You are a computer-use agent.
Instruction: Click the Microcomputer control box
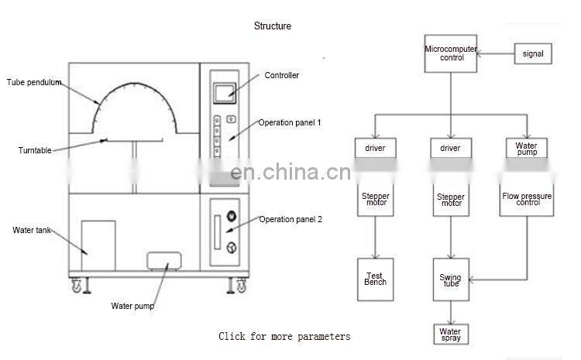coord(449,53)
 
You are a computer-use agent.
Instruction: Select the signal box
coord(532,54)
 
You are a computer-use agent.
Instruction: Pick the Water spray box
coord(451,334)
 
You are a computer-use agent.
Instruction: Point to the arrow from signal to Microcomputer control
coord(496,54)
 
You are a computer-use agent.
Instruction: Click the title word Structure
coord(273,26)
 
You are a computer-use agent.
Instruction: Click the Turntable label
coord(35,150)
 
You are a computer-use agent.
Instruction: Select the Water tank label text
coord(32,231)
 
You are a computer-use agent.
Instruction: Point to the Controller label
coord(281,76)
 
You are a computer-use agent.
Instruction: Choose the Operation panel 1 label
coord(289,122)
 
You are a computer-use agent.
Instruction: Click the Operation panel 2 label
coord(290,219)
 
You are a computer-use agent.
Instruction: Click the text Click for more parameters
coord(284,336)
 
